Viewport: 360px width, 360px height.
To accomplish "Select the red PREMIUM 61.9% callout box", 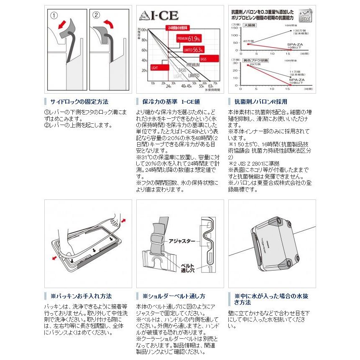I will tap(186, 39).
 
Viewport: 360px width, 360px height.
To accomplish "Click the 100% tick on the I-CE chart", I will tap(143, 31).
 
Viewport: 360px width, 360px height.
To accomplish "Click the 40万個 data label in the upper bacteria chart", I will tap(248, 40).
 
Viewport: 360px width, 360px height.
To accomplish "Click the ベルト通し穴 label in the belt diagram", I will tap(186, 267).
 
